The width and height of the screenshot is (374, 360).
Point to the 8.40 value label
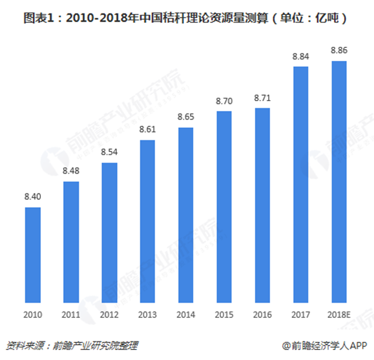[33, 197]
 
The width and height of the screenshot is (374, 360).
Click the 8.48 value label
[71, 171]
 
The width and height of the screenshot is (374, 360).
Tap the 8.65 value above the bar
[186, 117]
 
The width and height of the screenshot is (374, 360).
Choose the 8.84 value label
[300, 56]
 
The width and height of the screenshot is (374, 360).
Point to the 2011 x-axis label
[71, 315]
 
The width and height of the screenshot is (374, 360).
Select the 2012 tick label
[109, 315]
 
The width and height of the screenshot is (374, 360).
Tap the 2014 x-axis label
[186, 315]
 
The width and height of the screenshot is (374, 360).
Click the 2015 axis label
[224, 315]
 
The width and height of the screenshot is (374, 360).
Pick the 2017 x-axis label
[300, 315]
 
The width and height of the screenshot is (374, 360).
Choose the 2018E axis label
[339, 315]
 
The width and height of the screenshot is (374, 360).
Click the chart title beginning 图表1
[187, 18]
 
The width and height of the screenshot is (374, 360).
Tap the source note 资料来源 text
[73, 345]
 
